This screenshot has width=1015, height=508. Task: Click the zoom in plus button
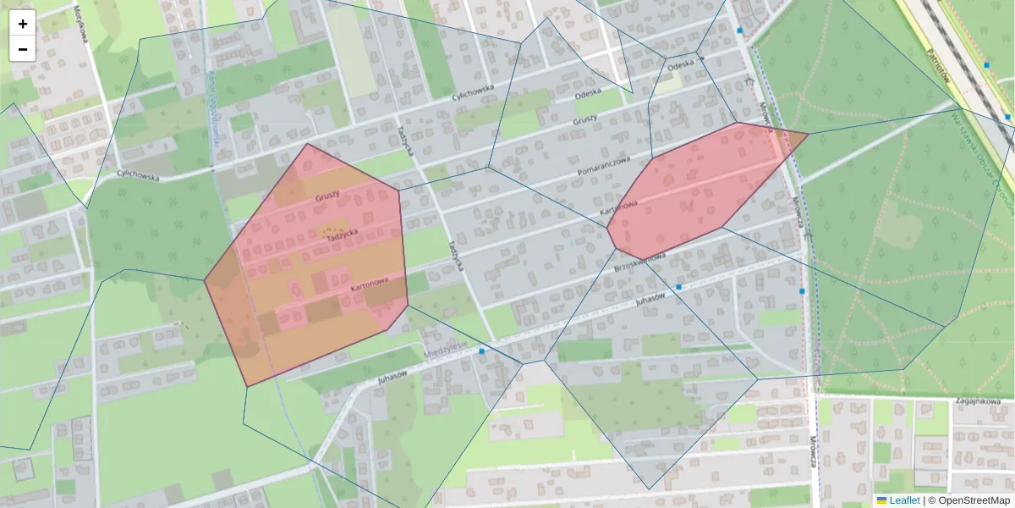pyautogui.click(x=23, y=24)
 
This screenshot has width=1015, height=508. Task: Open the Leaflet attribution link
pyautogui.click(x=904, y=500)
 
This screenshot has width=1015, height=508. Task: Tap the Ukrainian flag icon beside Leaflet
pyautogui.click(x=881, y=500)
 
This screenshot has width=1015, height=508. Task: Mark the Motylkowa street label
pyautogui.click(x=82, y=19)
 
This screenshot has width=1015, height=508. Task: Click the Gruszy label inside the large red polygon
pyautogui.click(x=327, y=196)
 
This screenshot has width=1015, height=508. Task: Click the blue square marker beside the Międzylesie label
pyautogui.click(x=481, y=351)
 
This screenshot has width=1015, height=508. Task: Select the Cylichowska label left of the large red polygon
pyautogui.click(x=139, y=175)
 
